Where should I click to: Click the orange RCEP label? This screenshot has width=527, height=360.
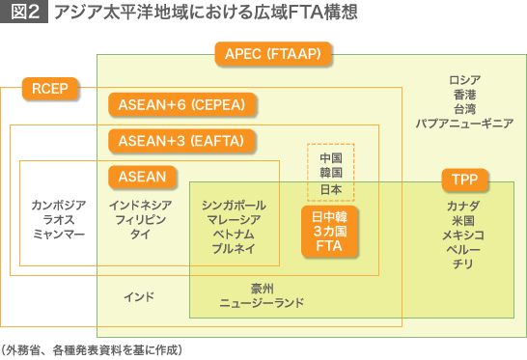pos(50,89)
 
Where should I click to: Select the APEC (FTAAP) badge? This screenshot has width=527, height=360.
pos(273,53)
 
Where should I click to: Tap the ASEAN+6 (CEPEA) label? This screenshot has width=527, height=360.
pos(181,104)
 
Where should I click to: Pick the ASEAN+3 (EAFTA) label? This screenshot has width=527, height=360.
pos(181,141)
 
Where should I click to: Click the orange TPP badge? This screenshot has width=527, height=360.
pos(464,180)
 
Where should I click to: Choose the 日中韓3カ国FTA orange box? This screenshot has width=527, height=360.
pos(329,232)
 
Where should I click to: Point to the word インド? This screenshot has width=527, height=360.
pos(139,297)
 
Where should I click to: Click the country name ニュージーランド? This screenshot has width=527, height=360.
pos(262,303)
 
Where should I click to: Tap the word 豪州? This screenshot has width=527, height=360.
pos(263,289)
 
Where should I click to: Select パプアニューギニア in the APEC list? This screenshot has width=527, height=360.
pos(464,124)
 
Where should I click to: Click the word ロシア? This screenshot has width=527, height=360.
pos(465,80)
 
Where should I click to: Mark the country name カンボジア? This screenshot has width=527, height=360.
pos(59,205)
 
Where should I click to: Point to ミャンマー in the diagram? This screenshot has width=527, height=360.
pos(59,234)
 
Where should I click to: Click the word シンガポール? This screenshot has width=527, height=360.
pos(234,205)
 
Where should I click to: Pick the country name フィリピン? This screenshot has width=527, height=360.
pos(141,219)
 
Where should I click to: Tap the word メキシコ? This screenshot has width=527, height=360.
pos(463,235)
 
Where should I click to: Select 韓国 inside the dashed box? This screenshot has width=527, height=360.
pos(331,173)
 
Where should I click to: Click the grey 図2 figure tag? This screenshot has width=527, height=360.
pos(24,12)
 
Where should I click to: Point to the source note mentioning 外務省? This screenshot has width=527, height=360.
pos(92,350)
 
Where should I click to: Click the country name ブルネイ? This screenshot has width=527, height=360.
pos(234,248)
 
